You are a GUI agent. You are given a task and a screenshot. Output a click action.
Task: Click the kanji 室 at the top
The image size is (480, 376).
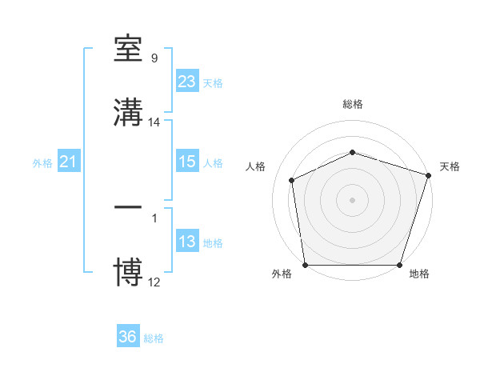click(129, 50)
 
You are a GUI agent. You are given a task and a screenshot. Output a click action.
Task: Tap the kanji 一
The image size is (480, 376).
click(129, 207)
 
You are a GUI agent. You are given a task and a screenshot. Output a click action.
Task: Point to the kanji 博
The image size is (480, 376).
click(129, 270)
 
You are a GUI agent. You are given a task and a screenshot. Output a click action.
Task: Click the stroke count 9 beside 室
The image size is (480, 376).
click(154, 58)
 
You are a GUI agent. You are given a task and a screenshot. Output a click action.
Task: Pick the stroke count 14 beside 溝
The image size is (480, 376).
click(154, 122)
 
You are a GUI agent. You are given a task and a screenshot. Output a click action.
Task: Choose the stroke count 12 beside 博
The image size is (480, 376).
click(154, 282)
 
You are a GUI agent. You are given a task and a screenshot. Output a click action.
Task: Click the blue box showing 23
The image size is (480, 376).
click(187, 81)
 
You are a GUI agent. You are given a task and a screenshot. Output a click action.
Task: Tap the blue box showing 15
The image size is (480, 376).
click(187, 162)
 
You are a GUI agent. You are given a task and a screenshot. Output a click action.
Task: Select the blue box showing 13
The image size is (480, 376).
click(187, 242)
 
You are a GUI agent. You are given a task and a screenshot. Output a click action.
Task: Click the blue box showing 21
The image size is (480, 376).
click(68, 162)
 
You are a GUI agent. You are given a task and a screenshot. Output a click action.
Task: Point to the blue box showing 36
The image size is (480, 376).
click(128, 337)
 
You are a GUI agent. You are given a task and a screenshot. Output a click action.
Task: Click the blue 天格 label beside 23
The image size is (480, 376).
click(213, 83)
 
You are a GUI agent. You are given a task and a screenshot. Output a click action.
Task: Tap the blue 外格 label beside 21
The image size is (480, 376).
click(42, 163)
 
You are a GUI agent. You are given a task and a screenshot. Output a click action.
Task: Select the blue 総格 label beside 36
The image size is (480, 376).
click(154, 338)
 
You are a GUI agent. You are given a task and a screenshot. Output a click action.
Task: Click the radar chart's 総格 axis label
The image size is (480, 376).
click(353, 104)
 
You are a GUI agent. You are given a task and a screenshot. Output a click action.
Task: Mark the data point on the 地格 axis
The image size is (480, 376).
click(399, 265)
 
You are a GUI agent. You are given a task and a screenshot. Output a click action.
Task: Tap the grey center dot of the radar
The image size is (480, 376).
click(353, 200)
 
